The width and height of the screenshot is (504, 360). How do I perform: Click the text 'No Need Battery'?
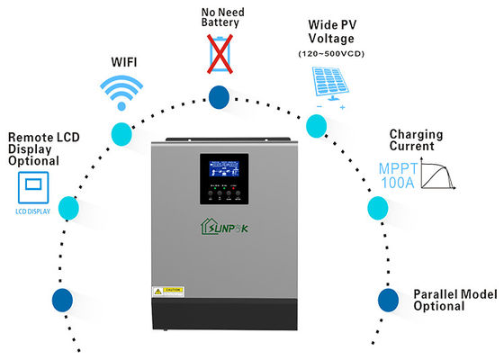coord(218,17)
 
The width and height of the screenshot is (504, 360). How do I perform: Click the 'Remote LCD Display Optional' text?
coord(33,149)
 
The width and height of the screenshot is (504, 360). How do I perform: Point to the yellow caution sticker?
coord(169,291)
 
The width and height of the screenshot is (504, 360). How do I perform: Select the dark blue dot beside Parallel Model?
coord(387,298)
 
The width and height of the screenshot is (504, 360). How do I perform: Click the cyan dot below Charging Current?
coord(377,209)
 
